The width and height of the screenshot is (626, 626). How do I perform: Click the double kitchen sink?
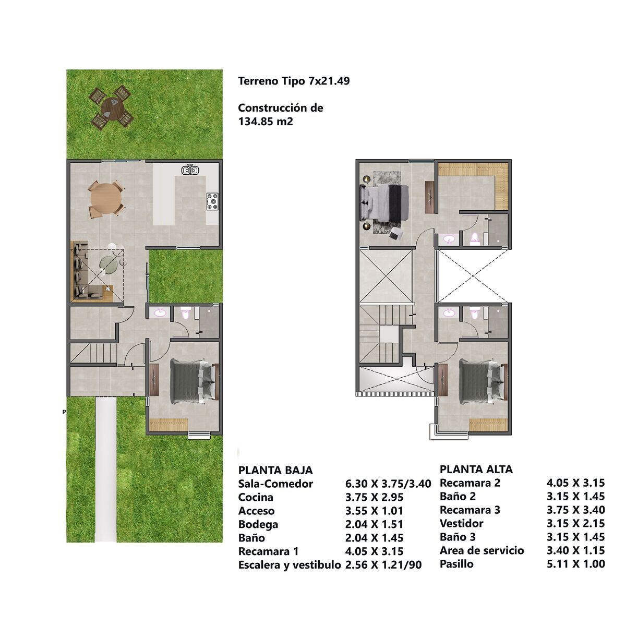coord(190,170)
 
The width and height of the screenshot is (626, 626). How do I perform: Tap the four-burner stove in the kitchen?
coord(212,201)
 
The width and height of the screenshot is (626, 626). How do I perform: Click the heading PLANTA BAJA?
coord(275,471)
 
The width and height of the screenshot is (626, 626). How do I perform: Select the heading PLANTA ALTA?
coord(476,469)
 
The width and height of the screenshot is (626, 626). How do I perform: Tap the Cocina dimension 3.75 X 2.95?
coord(374,497)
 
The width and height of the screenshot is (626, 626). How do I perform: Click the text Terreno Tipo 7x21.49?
coord(294,81)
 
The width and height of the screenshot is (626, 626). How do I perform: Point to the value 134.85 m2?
coord(266,122)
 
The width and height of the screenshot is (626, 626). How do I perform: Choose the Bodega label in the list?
coord(258,524)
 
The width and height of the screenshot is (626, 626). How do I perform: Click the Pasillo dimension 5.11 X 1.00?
coord(575,563)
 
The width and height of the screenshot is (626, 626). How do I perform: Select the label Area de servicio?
coord(482,550)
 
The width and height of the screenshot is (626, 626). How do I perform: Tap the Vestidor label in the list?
coord(462,523)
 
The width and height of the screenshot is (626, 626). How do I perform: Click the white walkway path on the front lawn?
coord(105,469)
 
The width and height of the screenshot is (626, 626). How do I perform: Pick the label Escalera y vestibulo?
coord(290,565)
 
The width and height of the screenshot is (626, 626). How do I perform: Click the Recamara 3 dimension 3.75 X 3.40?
coord(575,510)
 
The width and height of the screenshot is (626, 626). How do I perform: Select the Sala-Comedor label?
coord(275,484)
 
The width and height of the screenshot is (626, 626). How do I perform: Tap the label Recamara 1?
coord(268,551)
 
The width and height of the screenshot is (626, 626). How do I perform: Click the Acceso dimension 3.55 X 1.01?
coord(374,511)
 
